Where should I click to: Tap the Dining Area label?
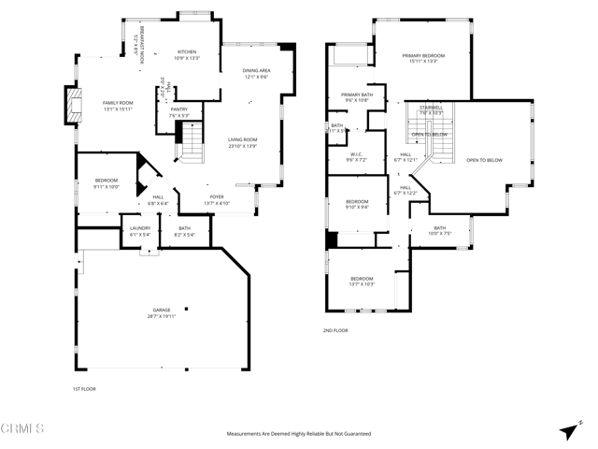coord(256,71)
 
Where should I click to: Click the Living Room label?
coord(242,140)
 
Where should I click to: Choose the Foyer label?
coord(217,197)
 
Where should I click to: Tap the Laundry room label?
coord(139,229)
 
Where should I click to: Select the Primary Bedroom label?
coord(423,56)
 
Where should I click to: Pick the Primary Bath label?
coord(357,94)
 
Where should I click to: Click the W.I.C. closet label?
coord(356,154)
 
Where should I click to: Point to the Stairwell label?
coord(431,108)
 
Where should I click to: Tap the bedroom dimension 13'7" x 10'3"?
coord(362,284)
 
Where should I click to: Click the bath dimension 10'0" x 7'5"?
coord(439,234)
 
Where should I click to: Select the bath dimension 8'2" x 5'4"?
coord(184,235)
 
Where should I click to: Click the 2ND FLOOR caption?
coord(335,330)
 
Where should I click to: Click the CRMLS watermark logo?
coord(22,429)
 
